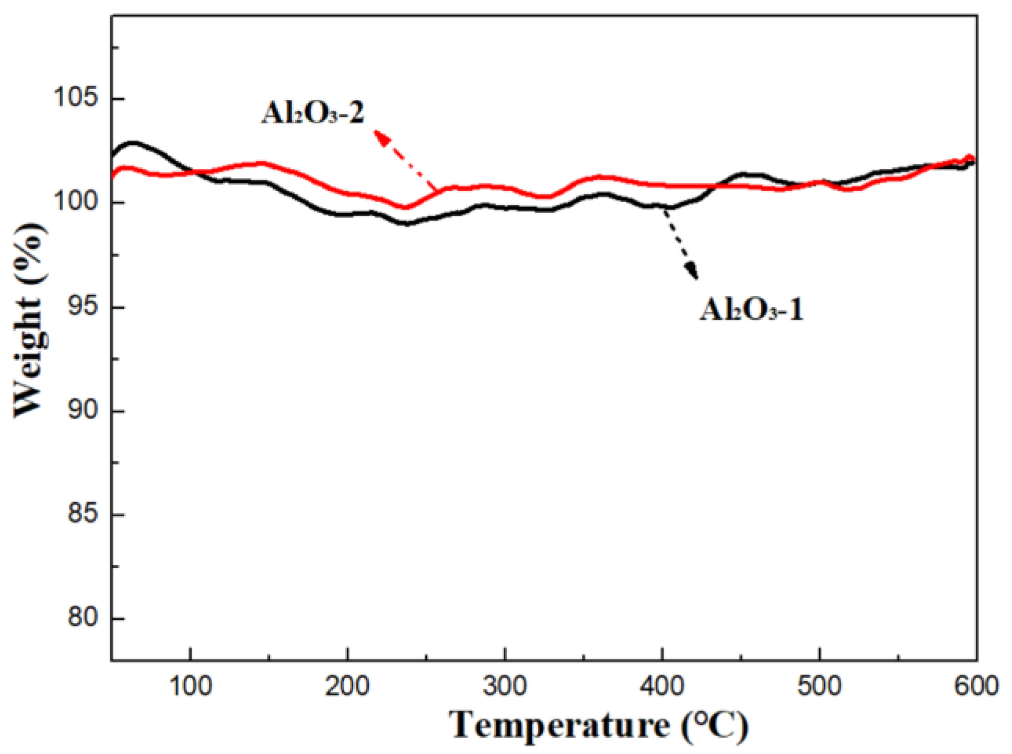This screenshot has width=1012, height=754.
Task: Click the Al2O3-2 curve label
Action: pyautogui.click(x=312, y=113)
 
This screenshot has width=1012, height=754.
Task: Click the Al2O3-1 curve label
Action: pyautogui.click(x=751, y=309)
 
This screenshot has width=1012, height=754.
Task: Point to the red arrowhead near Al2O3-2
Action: pyautogui.click(x=382, y=138)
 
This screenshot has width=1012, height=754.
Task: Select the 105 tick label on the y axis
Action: pyautogui.click(x=77, y=98)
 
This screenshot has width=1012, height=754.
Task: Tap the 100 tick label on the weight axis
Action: pyautogui.click(x=77, y=202)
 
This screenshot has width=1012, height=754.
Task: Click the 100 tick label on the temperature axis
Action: pyautogui.click(x=191, y=686)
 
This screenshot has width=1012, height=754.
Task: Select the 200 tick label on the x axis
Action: pyautogui.click(x=347, y=686)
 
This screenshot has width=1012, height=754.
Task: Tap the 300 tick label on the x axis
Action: pyautogui.click(x=505, y=686)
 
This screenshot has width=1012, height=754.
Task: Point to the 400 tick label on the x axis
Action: pyautogui.click(x=662, y=686)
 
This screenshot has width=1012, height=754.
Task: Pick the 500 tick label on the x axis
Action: pyautogui.click(x=819, y=686)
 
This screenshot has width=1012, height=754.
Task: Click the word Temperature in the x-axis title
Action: pyautogui.click(x=559, y=725)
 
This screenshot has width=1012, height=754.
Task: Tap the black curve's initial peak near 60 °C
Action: pyautogui.click(x=134, y=142)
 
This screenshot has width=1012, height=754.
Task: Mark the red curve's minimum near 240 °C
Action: pyautogui.click(x=405, y=207)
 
